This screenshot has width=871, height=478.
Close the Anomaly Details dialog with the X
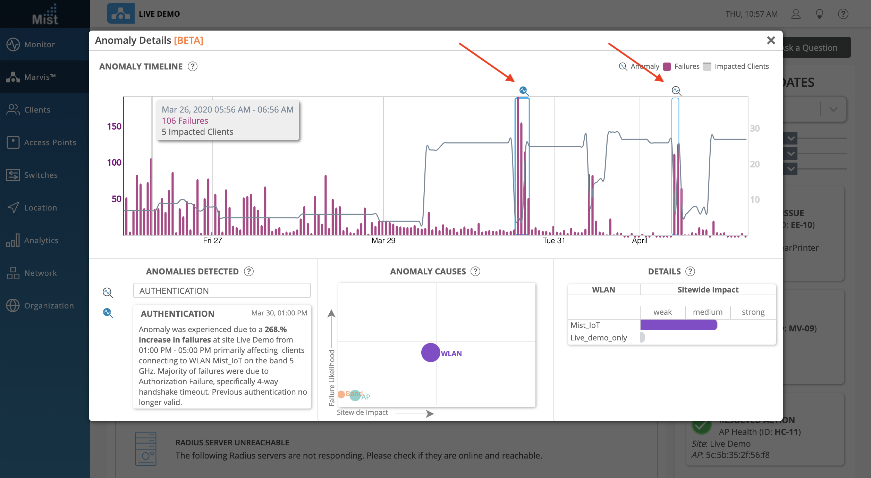coord(771,41)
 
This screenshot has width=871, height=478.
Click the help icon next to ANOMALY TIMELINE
coord(193,66)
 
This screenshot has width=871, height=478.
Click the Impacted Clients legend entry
coord(736,66)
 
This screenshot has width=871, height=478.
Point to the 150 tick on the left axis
coord(114,126)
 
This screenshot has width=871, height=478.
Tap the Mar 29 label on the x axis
coord(383,240)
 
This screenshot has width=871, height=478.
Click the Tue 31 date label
coord(554,240)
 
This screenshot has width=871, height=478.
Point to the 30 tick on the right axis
coord(754,129)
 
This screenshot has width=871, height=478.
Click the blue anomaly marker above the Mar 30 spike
coord(524,91)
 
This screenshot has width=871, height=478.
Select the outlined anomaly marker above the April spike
coord(676,91)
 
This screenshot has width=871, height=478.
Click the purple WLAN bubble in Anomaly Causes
coord(431,353)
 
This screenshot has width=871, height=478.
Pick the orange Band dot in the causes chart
coord(341,394)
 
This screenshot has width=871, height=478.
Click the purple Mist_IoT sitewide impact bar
coord(678,325)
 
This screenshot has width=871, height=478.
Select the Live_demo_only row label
coord(599,338)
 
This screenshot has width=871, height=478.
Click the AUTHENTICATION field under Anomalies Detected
coord(222,291)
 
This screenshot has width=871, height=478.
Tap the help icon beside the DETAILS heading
coord(690,271)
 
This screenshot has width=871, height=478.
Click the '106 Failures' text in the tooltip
coord(185,121)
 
